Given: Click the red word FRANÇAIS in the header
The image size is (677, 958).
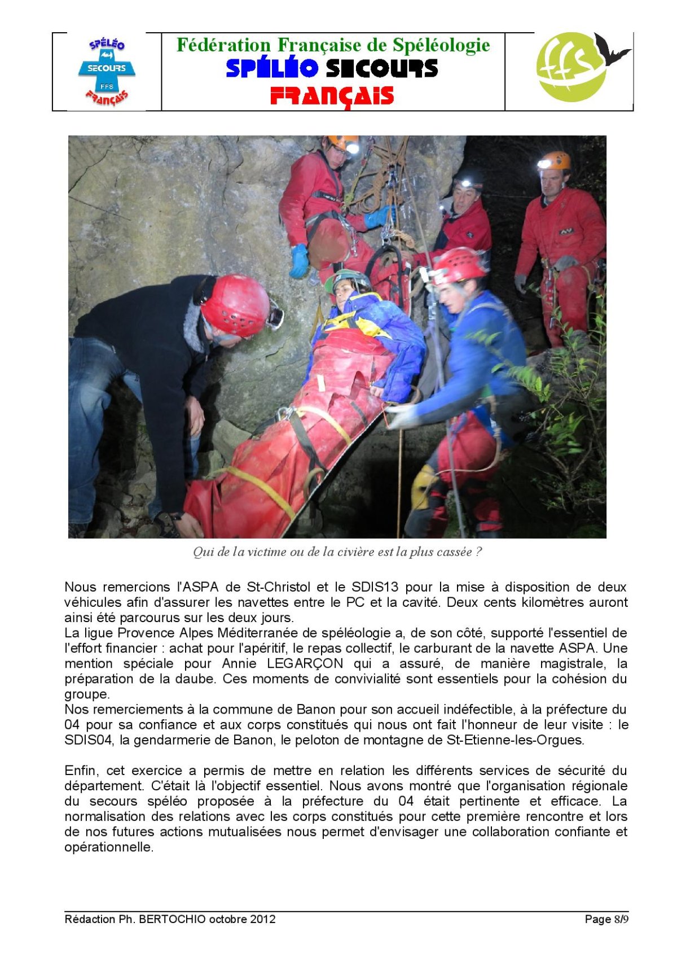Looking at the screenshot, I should point(332,95).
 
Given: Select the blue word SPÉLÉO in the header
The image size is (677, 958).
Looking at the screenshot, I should point(272,68).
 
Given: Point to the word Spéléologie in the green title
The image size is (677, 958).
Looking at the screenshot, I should point(441,45).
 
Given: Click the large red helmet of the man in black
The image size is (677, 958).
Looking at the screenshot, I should point(235,305).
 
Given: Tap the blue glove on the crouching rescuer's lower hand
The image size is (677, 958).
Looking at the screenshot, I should point(299,261).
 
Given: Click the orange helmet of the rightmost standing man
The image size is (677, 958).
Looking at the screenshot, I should point(555,161).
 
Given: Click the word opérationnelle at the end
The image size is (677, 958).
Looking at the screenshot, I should point(108,847).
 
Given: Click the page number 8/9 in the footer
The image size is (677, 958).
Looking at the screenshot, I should point(621,919).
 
